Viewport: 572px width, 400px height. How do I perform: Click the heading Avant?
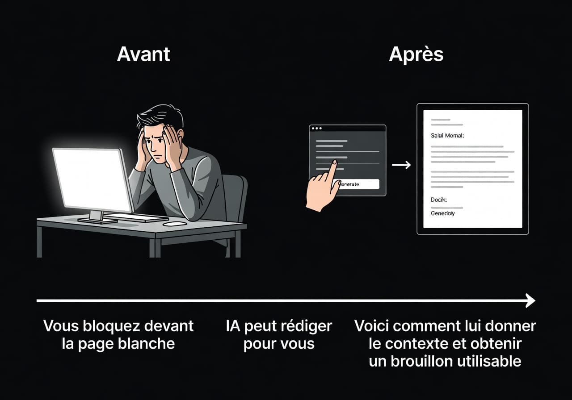tap(143, 54)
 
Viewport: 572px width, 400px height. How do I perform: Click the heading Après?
tap(416, 54)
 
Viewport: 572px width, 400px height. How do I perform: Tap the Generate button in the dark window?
tap(357, 184)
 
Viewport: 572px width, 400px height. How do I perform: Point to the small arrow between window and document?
tap(401, 165)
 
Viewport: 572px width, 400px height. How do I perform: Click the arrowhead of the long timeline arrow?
tap(531, 300)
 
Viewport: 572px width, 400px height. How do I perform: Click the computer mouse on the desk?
tap(175, 223)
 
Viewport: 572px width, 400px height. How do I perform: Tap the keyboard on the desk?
tap(134, 217)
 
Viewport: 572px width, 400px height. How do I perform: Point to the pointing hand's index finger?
tap(332, 167)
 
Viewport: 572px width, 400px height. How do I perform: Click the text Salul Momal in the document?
tap(447, 135)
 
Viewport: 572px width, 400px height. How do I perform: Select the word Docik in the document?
tap(439, 200)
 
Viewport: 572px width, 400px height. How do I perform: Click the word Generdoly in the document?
tap(443, 213)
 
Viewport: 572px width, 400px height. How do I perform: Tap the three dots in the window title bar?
tap(317, 128)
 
